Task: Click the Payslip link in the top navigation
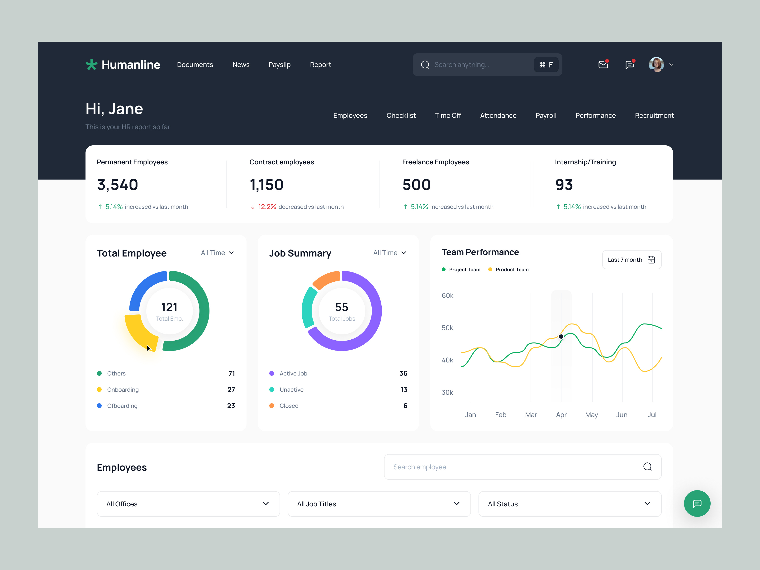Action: [x=279, y=65]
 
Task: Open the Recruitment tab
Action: [x=654, y=115]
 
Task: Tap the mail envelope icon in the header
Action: [x=603, y=64]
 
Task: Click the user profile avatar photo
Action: [x=656, y=65]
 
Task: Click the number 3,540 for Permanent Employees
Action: [x=118, y=185]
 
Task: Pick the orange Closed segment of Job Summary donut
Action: [x=326, y=279]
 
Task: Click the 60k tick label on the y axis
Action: [x=447, y=295]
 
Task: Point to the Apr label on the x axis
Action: [x=561, y=415]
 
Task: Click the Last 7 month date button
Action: [x=632, y=260]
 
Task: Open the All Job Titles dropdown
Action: [x=379, y=504]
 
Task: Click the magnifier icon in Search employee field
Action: [x=647, y=467]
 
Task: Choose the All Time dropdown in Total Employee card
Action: [x=217, y=253]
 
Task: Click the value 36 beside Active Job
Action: [x=403, y=374]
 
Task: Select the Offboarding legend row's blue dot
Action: [x=99, y=406]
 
